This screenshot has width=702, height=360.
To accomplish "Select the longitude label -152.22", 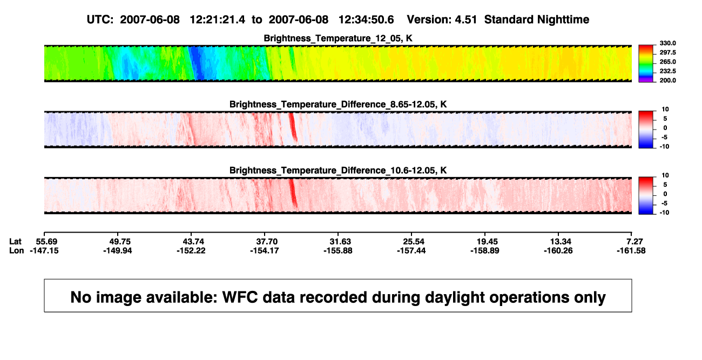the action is tap(191, 250).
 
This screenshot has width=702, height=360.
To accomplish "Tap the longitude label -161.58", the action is tap(631, 250).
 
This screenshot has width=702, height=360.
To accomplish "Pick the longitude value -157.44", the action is tap(411, 250).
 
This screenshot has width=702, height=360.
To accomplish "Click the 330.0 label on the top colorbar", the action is tap(667, 43).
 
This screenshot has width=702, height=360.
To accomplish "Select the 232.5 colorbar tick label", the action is tap(667, 71).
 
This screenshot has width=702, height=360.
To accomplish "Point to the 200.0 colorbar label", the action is tap(667, 80).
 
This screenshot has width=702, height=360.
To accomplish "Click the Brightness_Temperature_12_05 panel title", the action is tap(338, 38).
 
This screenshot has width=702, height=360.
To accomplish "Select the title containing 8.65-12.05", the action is tap(338, 104).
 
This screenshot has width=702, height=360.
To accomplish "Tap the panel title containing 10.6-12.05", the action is tap(338, 171).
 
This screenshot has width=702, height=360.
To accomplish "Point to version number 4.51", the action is tap(465, 20).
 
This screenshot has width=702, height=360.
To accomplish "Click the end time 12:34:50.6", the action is tap(366, 20).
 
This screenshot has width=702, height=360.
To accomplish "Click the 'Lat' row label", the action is tap(15, 242).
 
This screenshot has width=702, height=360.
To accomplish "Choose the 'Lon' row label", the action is tap(16, 250).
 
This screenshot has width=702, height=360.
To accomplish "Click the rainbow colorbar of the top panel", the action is tap(646, 64).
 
